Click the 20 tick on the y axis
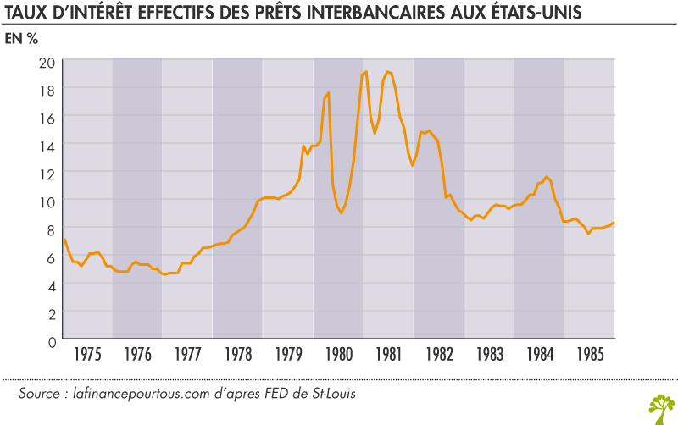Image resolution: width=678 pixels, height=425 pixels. pyautogui.click(x=47, y=61)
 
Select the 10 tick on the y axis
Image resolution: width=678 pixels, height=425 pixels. pyautogui.click(x=47, y=201)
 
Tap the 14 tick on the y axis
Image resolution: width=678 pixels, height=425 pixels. pyautogui.click(x=47, y=145)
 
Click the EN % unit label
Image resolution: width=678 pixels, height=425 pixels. pyautogui.click(x=23, y=40)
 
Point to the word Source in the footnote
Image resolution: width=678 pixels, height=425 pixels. pyautogui.click(x=39, y=395)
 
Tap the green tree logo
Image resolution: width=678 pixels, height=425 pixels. pyautogui.click(x=660, y=407)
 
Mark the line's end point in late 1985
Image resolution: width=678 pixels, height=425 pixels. pyautogui.click(x=614, y=223)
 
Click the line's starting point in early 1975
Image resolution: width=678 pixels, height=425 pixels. pyautogui.click(x=64, y=239)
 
